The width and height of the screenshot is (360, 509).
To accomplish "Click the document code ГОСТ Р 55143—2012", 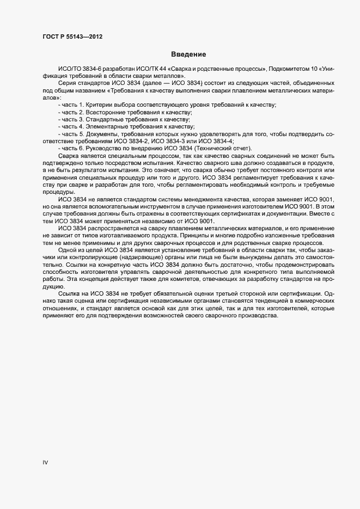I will click(x=72, y=37).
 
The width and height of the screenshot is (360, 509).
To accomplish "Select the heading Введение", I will click(x=188, y=54).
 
